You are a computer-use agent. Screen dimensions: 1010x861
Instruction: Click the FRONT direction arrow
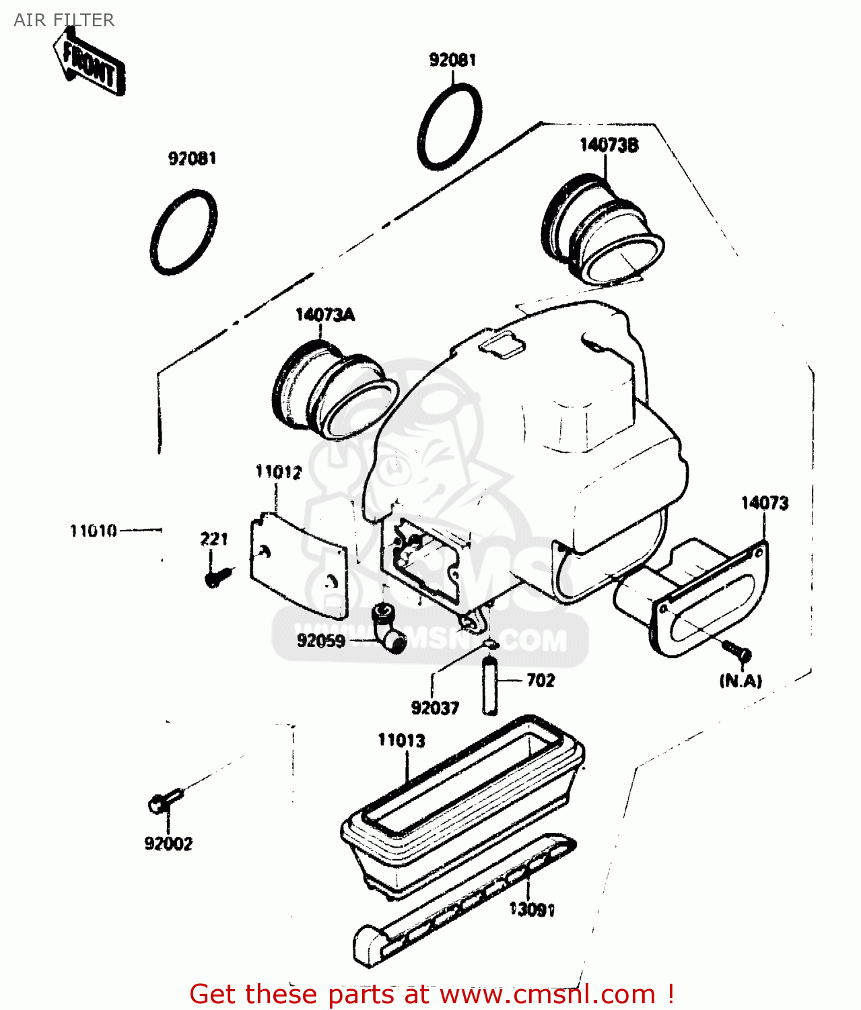(90, 65)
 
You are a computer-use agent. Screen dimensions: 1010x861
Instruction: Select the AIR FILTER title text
(64, 20)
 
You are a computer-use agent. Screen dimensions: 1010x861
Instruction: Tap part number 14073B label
(609, 145)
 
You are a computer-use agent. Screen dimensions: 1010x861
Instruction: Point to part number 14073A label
(324, 314)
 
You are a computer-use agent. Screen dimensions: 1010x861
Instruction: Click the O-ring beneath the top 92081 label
(449, 127)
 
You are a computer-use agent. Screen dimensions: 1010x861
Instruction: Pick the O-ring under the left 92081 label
(183, 232)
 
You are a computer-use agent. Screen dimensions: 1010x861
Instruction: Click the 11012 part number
(278, 472)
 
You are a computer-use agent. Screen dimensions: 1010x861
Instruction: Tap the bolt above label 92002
(164, 801)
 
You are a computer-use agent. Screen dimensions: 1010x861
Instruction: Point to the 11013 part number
(401, 741)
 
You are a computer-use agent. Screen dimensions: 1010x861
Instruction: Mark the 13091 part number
(532, 910)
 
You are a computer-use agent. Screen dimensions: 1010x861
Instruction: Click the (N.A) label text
(741, 681)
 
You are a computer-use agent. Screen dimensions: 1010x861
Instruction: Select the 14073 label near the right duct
(764, 503)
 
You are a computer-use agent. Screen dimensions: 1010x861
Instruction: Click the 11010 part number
(94, 531)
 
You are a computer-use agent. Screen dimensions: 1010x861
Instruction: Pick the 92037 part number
(435, 708)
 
